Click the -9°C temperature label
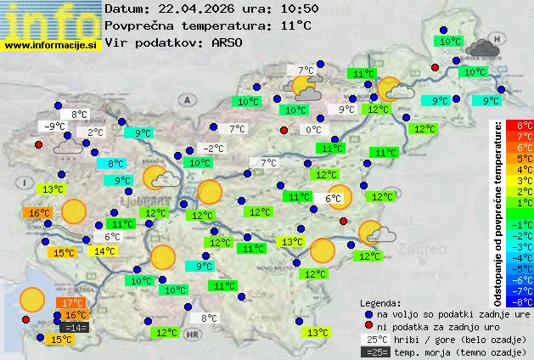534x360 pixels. point(56,127)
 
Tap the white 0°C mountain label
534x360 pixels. point(313,130)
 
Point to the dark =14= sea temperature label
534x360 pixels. point(75,328)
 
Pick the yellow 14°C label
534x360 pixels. point(104,251)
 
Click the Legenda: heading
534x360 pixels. point(380,303)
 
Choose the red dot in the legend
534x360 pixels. point(368,326)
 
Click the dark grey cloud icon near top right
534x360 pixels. point(481,48)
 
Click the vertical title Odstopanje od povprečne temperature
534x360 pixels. point(498,212)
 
